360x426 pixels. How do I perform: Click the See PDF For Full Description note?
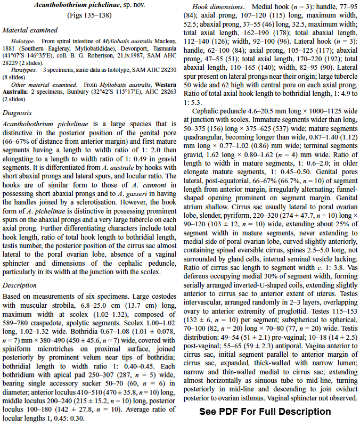pyautogui.click(x=265, y=411)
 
